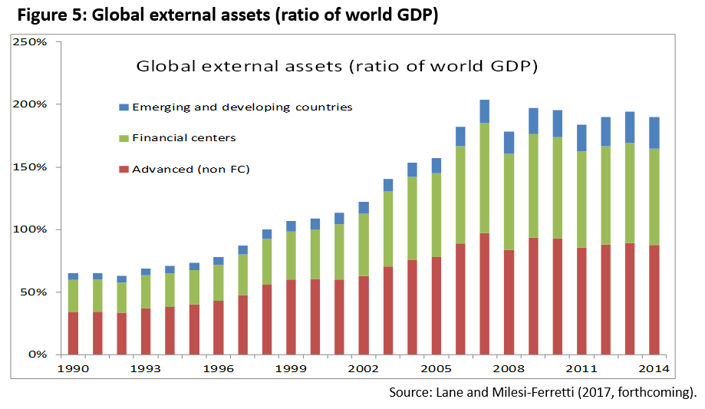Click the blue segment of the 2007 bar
click(484, 111)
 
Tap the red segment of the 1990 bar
click(73, 333)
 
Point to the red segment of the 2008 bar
click(509, 302)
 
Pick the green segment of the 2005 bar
click(436, 215)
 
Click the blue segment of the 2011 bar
click(581, 138)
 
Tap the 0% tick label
click(38, 355)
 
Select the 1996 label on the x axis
click(217, 369)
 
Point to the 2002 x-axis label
click(363, 369)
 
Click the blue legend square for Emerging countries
click(124, 107)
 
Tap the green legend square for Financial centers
click(124, 138)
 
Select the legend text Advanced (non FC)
click(191, 169)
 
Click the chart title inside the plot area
click(336, 66)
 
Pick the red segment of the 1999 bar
click(290, 317)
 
